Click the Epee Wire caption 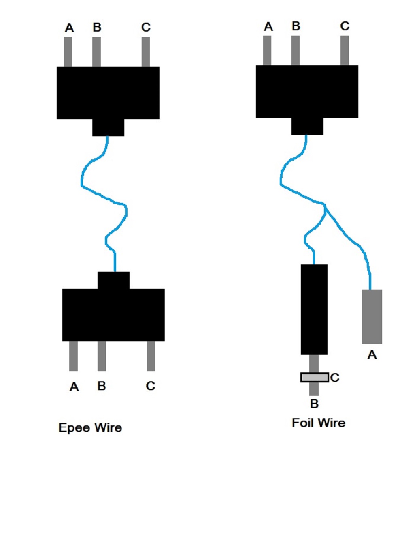[x=90, y=428]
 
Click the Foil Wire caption [x=319, y=423]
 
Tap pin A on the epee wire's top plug [x=68, y=52]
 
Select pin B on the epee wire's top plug [x=96, y=52]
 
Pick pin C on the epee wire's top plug [x=146, y=52]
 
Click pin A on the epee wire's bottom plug [x=73, y=356]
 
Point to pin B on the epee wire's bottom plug [x=102, y=356]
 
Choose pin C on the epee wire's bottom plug [x=151, y=356]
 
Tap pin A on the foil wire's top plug [x=267, y=50]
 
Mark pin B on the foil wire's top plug [x=296, y=50]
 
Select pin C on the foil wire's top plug [x=345, y=50]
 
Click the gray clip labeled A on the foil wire [x=372, y=316]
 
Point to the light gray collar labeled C [x=314, y=378]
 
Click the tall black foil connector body [x=314, y=309]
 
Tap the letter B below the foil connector [x=315, y=404]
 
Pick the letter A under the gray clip [x=372, y=355]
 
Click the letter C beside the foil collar [x=335, y=378]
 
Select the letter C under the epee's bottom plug [x=151, y=386]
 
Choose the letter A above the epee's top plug [x=69, y=28]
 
